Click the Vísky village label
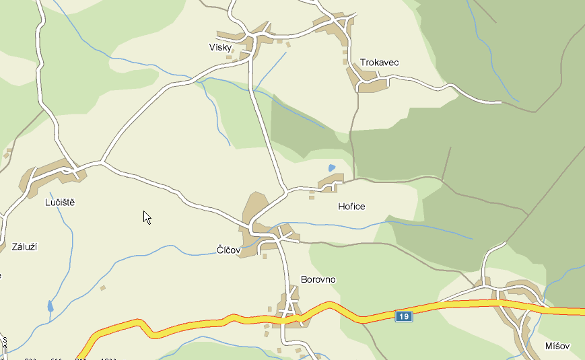pos(220,48)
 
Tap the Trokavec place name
pos(379,63)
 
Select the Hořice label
pos(351,207)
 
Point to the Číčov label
pos(228,250)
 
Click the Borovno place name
pos(318,279)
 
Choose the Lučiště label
pos(60,202)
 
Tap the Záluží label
pos(24,247)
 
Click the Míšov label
pos(557,347)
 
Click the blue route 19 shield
pos(403,316)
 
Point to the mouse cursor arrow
pos(146,216)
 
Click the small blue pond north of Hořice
pos(331,168)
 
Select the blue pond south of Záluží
pos(50,306)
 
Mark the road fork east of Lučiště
pos(102,162)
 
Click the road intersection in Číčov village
pos(276,237)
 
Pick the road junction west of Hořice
pos(286,191)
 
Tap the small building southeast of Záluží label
pos(102,288)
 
